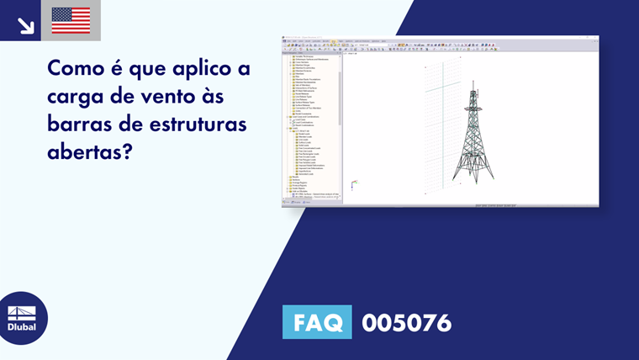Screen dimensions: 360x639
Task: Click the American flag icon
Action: (x=71, y=20)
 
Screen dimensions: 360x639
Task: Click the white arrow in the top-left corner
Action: (x=25, y=24)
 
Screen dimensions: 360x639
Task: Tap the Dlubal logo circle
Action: (x=22, y=318)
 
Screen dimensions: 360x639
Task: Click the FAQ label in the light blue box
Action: (x=317, y=322)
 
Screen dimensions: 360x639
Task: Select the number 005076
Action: (x=406, y=323)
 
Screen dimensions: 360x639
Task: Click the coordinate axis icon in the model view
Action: (x=354, y=183)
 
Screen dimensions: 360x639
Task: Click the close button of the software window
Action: (x=595, y=38)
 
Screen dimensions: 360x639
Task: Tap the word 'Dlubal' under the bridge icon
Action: (x=22, y=327)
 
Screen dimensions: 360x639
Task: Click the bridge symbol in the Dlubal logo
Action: (x=22, y=312)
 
